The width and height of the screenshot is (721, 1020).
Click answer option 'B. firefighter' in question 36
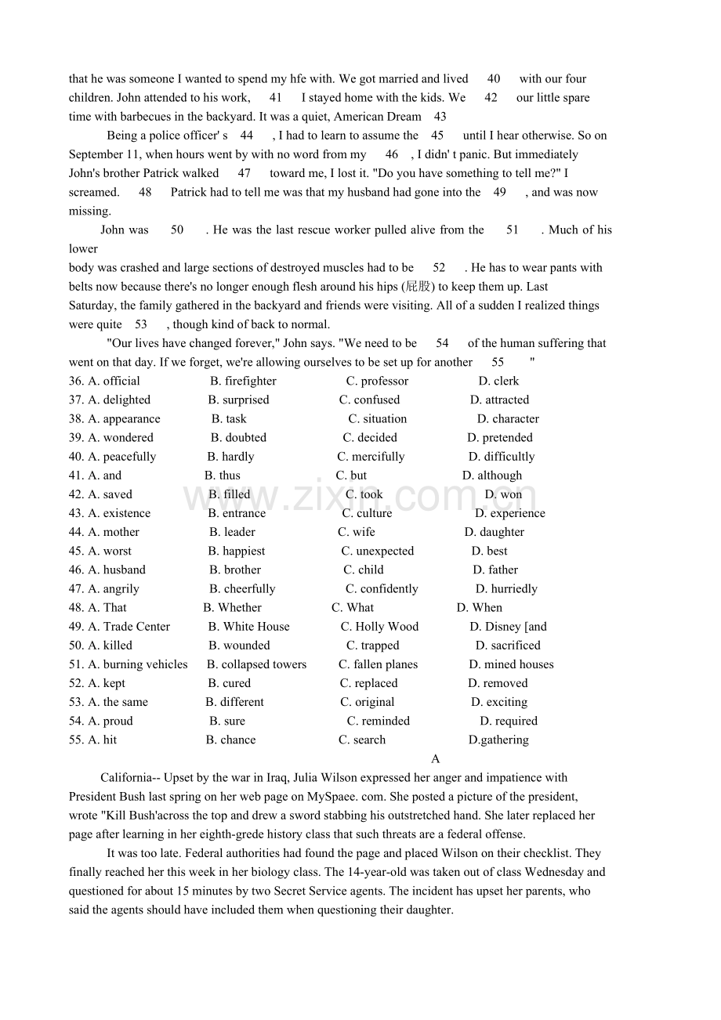click(x=243, y=381)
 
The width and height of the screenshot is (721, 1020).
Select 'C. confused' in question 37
click(x=369, y=400)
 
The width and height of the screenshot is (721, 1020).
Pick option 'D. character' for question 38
click(x=508, y=418)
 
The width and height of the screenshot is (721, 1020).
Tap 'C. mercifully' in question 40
click(x=371, y=457)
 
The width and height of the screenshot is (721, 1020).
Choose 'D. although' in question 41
click(x=491, y=476)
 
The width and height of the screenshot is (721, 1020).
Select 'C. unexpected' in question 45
click(x=377, y=551)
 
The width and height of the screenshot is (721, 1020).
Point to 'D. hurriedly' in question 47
click(x=506, y=589)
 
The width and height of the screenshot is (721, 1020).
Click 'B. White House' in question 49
click(x=248, y=627)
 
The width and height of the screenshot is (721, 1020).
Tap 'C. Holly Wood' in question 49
click(x=379, y=627)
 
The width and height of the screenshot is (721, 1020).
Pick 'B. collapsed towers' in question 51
click(x=256, y=664)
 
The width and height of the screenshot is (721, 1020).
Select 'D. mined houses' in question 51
click(x=511, y=664)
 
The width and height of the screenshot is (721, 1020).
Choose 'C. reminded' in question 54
click(x=379, y=721)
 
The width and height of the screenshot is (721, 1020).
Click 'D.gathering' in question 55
click(x=498, y=740)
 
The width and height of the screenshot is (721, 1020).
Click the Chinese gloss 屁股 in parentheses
click(x=419, y=287)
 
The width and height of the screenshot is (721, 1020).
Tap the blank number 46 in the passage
click(x=392, y=154)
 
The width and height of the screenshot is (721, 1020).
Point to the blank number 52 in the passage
click(x=439, y=268)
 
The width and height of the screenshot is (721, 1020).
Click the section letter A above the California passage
click(x=436, y=758)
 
